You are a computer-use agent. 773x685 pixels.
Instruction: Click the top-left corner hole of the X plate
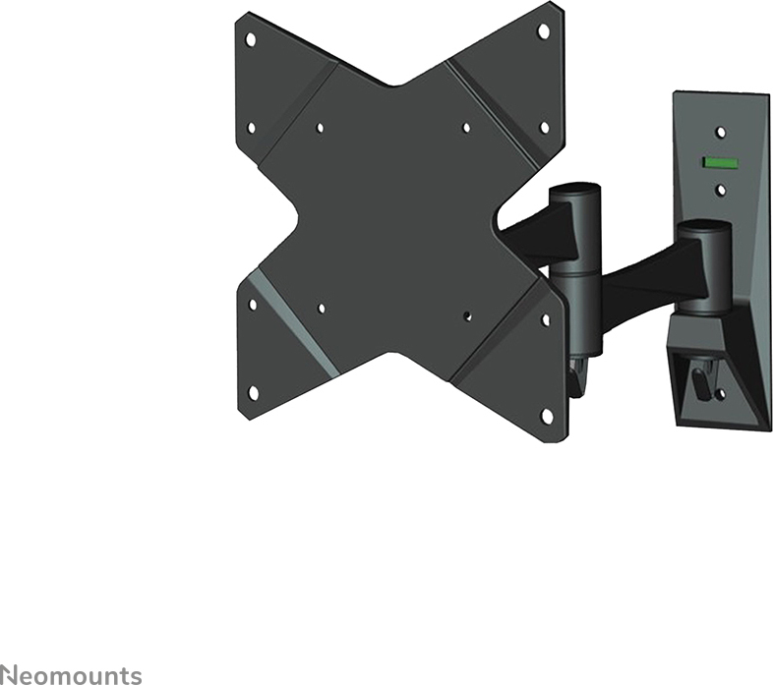click(x=251, y=38)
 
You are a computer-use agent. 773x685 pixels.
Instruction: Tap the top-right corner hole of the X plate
click(x=543, y=31)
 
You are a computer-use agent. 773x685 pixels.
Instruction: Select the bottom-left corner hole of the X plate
click(x=253, y=393)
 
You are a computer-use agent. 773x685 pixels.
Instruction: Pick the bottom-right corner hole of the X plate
click(x=546, y=416)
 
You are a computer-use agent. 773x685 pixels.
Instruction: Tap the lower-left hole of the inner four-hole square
click(x=322, y=309)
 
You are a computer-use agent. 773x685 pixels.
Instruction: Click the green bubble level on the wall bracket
click(x=720, y=162)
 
